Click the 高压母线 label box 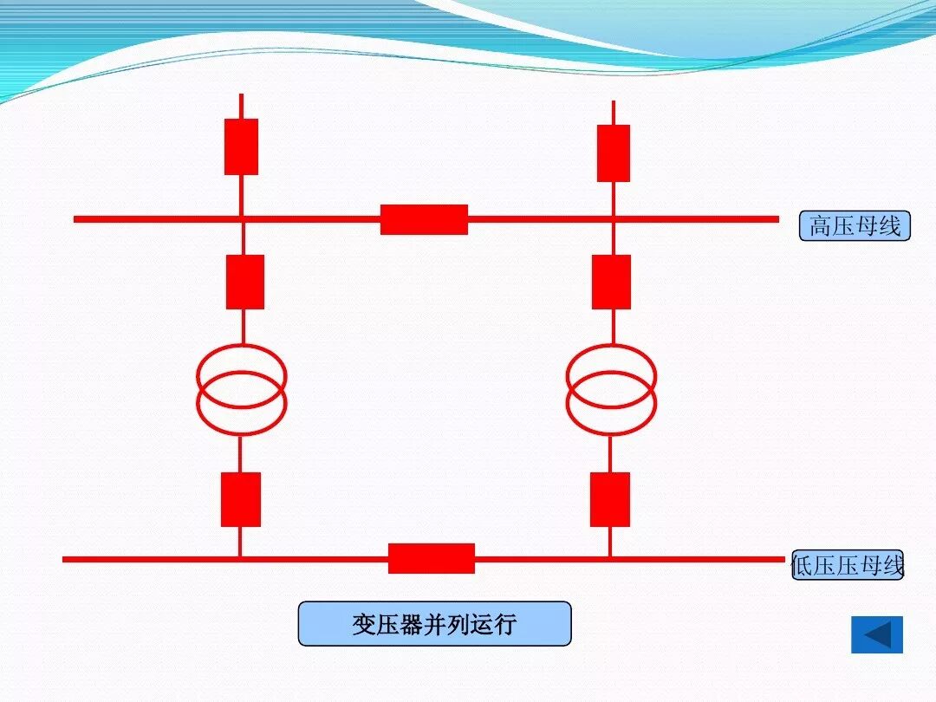coord(855,226)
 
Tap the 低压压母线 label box coord(848,565)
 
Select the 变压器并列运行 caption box coord(434,624)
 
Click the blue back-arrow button coord(877,634)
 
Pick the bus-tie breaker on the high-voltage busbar coord(424,219)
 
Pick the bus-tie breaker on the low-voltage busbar coord(431,558)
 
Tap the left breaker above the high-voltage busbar coord(241,146)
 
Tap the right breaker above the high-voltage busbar coord(613,153)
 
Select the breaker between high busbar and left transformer coord(244,282)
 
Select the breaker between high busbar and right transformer coord(611,282)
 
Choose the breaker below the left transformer coord(240,499)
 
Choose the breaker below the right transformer coord(609,499)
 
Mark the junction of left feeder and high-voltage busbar coord(242,219)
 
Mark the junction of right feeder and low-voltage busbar coord(609,559)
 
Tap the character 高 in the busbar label coord(821,227)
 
